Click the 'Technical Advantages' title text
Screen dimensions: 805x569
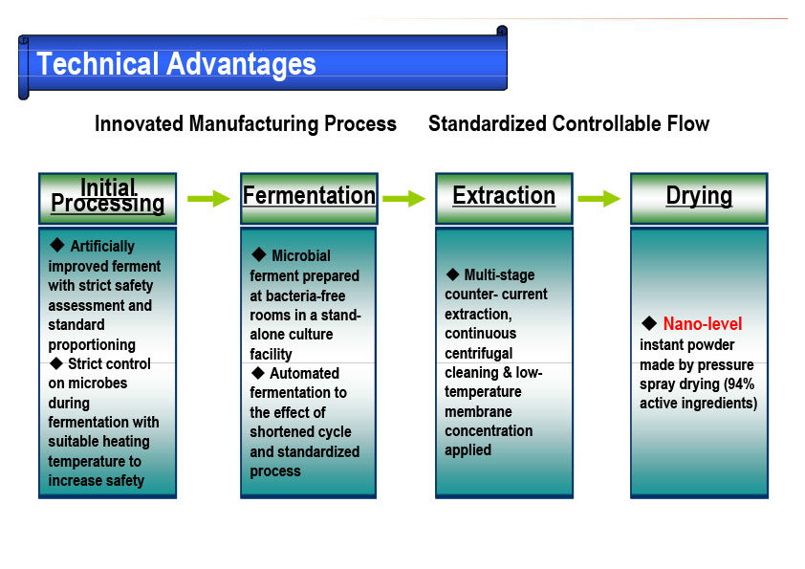click(x=176, y=64)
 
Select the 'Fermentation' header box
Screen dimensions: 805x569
click(x=309, y=198)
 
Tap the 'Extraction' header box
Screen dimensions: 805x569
click(x=504, y=198)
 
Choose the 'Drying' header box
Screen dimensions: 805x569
click(x=699, y=198)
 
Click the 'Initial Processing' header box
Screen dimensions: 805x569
click(x=108, y=198)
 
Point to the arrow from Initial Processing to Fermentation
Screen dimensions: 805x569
click(x=208, y=198)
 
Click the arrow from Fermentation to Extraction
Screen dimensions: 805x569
click(x=404, y=198)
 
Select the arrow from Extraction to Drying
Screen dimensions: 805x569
click(x=599, y=198)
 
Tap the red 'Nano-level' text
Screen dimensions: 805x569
click(x=703, y=323)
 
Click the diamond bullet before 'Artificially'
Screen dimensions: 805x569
click(x=57, y=245)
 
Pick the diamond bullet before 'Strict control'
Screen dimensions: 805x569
click(x=56, y=363)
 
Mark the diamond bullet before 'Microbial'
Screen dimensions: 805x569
click(x=259, y=254)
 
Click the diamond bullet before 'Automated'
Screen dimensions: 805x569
click(x=258, y=372)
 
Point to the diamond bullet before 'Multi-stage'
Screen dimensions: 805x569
click(x=452, y=274)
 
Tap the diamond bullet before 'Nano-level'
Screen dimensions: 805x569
click(x=649, y=323)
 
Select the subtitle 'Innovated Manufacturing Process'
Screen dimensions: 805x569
click(x=246, y=123)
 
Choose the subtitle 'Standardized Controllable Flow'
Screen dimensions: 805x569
click(x=569, y=123)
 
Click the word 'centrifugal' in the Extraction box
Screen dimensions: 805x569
click(x=478, y=353)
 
